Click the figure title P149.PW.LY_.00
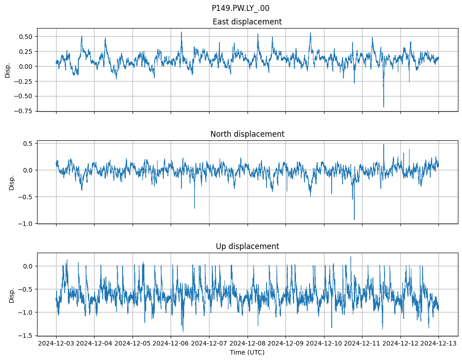pyautogui.click(x=240, y=8)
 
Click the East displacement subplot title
pyautogui.click(x=247, y=22)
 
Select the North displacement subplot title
pyautogui.click(x=247, y=134)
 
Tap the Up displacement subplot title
pyautogui.click(x=247, y=246)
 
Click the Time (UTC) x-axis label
pyautogui.click(x=247, y=352)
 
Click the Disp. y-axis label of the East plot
pyautogui.click(x=8, y=70)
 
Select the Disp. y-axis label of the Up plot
pyautogui.click(x=12, y=294)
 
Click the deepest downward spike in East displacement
pyautogui.click(x=384, y=107)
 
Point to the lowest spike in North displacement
pyautogui.click(x=354, y=220)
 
